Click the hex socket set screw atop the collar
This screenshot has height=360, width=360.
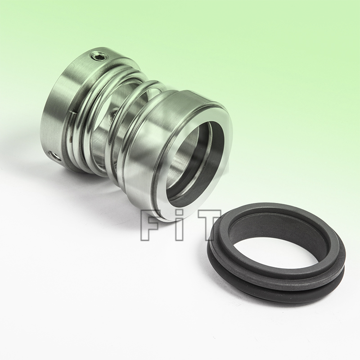click(x=99, y=57)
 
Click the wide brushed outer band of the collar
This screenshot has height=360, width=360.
click(x=54, y=112)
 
